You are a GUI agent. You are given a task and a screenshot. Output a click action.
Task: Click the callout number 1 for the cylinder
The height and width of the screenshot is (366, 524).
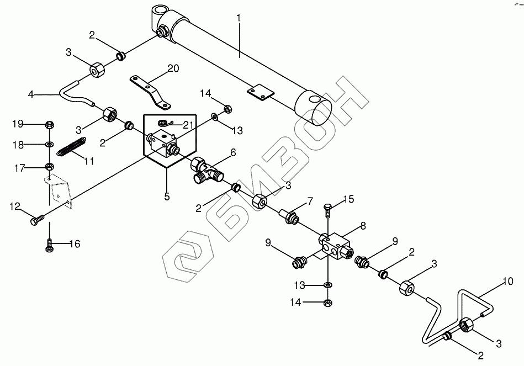239,18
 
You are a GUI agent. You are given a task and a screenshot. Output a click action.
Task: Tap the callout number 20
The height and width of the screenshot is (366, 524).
173,68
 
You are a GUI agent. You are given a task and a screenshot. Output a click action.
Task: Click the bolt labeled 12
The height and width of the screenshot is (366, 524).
35,221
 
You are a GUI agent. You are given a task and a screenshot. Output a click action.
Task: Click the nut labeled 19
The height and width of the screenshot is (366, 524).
49,123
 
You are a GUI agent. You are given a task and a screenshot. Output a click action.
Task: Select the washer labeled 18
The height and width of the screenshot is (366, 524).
49,144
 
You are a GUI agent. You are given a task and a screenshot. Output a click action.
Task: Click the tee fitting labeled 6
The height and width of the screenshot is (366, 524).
205,168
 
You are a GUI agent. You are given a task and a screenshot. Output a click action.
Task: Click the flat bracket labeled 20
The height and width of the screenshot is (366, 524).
151,89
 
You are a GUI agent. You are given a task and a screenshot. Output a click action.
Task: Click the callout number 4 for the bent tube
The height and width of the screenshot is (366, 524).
31,94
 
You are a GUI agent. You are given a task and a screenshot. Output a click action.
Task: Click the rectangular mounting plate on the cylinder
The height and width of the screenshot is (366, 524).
260,92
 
